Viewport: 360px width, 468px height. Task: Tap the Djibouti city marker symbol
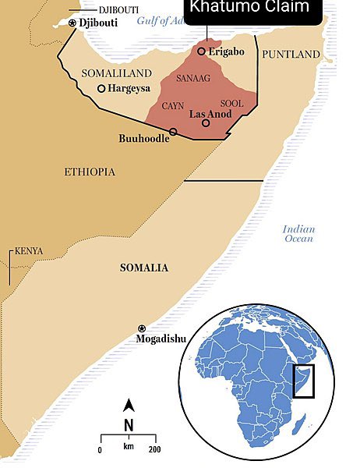[x=73, y=23]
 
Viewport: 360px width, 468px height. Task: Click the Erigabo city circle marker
[x=201, y=51]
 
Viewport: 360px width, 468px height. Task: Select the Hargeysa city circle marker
[x=101, y=88]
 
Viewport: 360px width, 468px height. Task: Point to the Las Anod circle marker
[x=206, y=122]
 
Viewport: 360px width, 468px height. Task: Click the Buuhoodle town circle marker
[x=173, y=132]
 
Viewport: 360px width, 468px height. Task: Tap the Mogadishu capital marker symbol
[x=141, y=328]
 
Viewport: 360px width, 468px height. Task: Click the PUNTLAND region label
[x=291, y=54]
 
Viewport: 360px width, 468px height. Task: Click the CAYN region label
[x=173, y=105]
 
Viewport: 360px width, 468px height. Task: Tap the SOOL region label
[x=232, y=103]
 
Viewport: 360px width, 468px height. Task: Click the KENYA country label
[x=29, y=251]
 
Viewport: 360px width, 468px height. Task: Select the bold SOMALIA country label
[x=143, y=268]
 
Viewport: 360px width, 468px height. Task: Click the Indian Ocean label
[x=298, y=233]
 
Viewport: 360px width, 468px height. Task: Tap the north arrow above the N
[x=130, y=406]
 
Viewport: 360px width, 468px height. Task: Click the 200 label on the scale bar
[x=154, y=450]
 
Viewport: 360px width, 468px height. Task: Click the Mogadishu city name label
[x=162, y=339]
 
